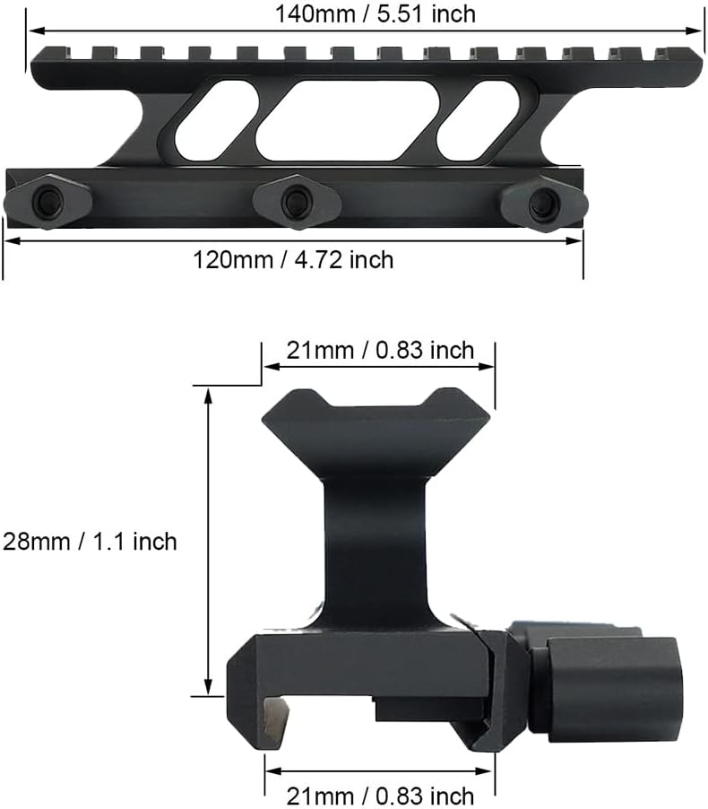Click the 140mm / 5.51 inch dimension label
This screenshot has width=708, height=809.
click(x=375, y=14)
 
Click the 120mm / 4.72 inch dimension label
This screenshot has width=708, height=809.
click(x=293, y=259)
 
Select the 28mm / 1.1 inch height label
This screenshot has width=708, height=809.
click(x=90, y=542)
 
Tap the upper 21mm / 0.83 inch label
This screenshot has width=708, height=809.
click(x=380, y=351)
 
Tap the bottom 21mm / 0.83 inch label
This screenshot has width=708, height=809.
click(x=380, y=796)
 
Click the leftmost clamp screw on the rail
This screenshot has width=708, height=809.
click(x=47, y=201)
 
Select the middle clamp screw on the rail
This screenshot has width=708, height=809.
click(x=297, y=201)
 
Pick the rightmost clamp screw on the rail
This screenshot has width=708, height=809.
click(x=545, y=203)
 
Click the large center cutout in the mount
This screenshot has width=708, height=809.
click(x=347, y=120)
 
